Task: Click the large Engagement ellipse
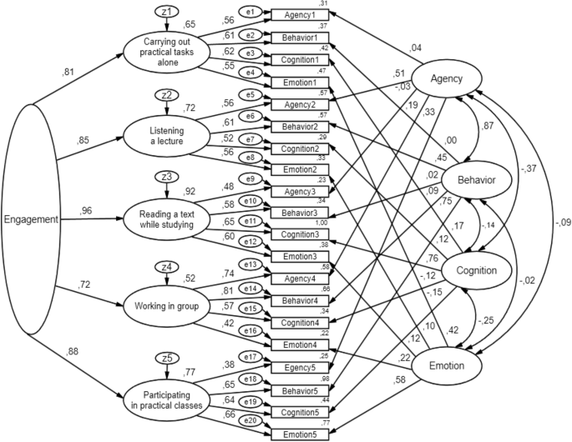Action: coord(31,220)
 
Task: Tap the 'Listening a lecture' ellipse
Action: coord(166,131)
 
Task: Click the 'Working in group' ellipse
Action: coord(167,305)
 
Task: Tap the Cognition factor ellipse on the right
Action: coord(470,270)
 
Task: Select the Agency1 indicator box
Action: coord(300,16)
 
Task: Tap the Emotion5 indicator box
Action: coord(300,434)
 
